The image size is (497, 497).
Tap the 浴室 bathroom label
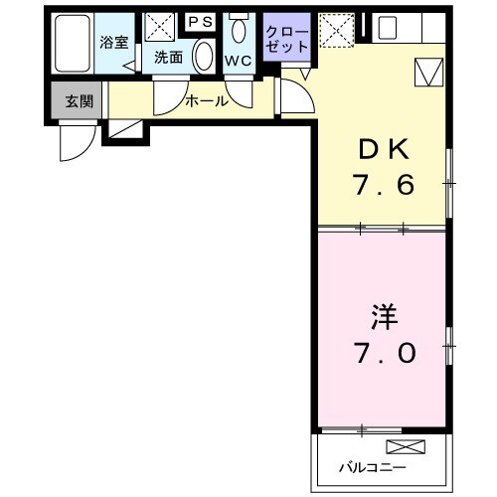tap(113, 44)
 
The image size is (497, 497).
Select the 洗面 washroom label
tap(167, 58)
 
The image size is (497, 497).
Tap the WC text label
tap(237, 60)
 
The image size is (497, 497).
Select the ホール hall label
tap(207, 100)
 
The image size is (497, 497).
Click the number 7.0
tap(384, 353)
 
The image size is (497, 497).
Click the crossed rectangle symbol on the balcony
tap(410, 446)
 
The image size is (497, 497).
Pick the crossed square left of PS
tap(158, 27)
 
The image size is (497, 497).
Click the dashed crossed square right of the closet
tap(337, 31)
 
